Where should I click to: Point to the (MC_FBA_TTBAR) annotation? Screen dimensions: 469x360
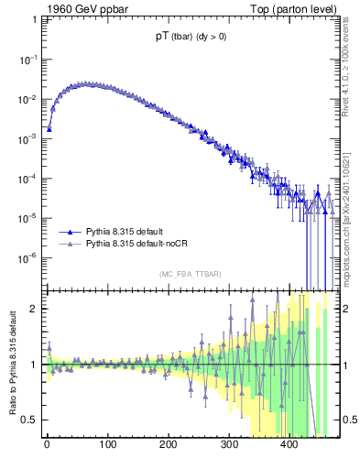tap(190, 274)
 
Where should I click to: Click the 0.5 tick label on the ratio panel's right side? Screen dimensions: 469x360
tap(345, 420)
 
